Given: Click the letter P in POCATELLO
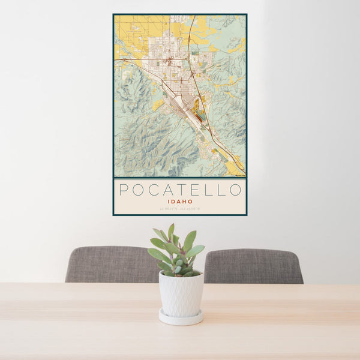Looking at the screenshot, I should (123, 190).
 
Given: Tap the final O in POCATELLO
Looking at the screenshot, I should (236, 190).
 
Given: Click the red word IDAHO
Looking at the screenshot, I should (179, 202).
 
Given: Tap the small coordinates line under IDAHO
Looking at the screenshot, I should (179, 209).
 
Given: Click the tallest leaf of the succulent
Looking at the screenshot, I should (171, 231).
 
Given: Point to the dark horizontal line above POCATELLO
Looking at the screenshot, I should (179, 178).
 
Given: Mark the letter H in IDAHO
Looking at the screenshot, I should (185, 202).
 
